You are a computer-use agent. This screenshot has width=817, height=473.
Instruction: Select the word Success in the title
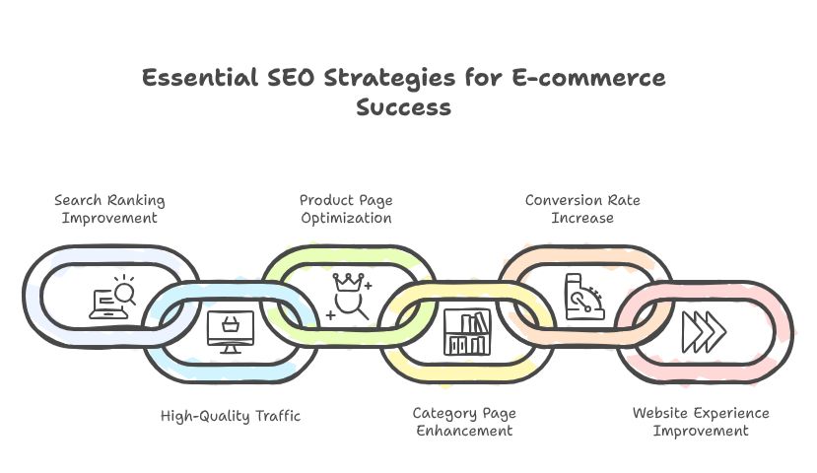point(403,107)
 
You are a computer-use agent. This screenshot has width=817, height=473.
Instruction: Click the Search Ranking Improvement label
point(109,209)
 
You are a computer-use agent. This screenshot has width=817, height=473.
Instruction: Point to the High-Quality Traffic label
point(231,416)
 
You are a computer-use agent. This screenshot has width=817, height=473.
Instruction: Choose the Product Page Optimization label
point(346,209)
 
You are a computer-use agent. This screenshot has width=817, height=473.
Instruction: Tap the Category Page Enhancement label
point(463,422)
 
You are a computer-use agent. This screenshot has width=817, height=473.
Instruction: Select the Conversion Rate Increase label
point(582,209)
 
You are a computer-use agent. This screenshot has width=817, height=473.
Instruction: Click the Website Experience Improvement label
point(701,422)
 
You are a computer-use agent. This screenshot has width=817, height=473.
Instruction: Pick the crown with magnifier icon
point(349,296)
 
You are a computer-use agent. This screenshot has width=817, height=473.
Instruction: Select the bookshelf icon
point(466,332)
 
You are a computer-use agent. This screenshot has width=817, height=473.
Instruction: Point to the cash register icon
point(582,297)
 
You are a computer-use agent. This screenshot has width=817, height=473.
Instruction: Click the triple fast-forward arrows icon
point(704,331)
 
